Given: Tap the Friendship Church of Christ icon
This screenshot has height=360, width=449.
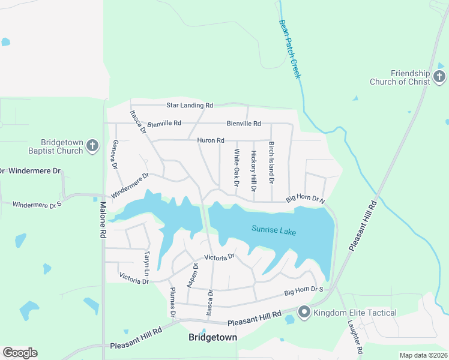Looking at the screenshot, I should [439, 76].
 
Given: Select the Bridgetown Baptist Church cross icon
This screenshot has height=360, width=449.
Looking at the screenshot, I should [92, 145].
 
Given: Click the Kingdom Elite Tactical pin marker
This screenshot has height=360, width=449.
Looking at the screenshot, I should [304, 312].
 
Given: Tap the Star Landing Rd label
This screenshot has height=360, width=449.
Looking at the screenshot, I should [190, 105].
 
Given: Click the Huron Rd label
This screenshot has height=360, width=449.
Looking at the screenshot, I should [210, 140].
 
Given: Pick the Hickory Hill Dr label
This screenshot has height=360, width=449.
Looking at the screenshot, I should [254, 171].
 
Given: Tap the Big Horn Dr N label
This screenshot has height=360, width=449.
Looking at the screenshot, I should [305, 199].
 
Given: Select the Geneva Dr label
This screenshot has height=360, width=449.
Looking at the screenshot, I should [113, 155].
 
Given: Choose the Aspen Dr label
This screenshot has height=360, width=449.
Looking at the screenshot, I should [191, 275].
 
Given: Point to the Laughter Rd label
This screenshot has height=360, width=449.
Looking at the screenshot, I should [354, 337].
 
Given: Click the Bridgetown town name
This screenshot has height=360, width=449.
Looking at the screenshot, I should [212, 338].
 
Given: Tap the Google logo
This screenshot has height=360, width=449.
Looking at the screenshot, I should [20, 353].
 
